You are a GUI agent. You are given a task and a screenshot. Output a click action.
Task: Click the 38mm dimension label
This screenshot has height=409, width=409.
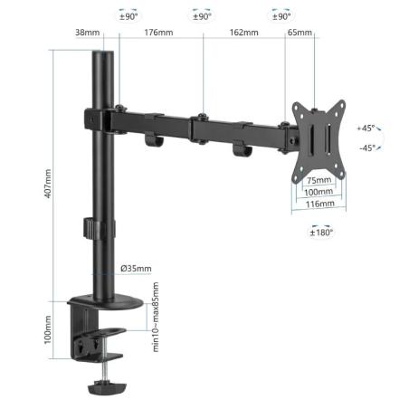(88, 33)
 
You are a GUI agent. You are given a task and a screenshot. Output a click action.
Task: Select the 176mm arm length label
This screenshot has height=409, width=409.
(159, 33)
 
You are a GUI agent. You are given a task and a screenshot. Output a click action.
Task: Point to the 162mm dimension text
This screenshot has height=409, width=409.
(243, 33)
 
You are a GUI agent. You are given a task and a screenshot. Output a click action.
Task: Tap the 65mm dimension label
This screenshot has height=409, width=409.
(300, 33)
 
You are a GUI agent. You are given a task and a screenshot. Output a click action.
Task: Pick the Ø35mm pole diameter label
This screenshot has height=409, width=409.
(136, 268)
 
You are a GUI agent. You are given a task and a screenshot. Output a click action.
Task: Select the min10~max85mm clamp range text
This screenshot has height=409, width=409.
(155, 318)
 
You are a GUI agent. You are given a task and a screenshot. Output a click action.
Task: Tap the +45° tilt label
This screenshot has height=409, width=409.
(366, 128)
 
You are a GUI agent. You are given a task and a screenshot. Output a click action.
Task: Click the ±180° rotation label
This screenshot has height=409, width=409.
(322, 233)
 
